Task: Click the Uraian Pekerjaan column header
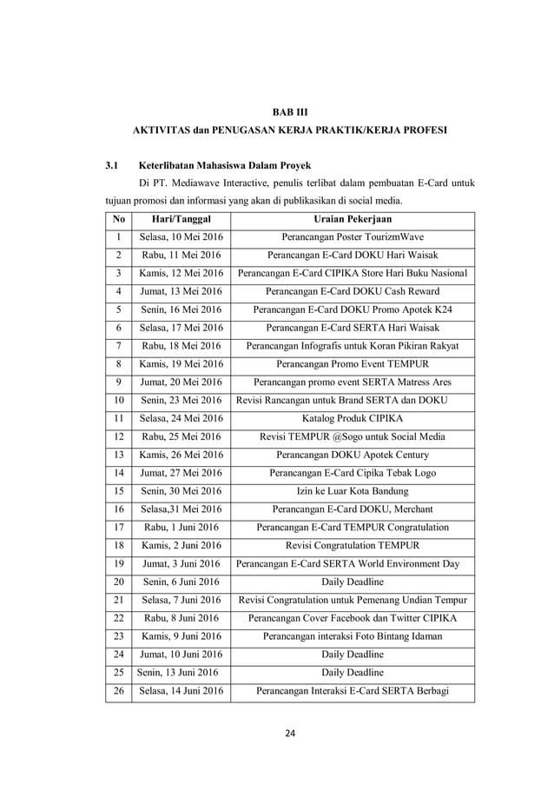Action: pos(352,219)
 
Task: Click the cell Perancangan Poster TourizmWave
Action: pos(352,236)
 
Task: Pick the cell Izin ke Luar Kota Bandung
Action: pos(352,491)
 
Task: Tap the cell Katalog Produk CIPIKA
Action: pos(352,418)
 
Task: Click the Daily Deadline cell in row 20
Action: pos(352,582)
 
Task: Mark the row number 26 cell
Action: pos(119,691)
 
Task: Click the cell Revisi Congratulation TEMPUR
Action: pos(352,545)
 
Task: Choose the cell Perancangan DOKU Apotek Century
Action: pos(352,455)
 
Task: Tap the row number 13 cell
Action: pos(119,455)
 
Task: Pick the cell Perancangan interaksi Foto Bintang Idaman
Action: pos(352,636)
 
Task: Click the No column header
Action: pos(119,219)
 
